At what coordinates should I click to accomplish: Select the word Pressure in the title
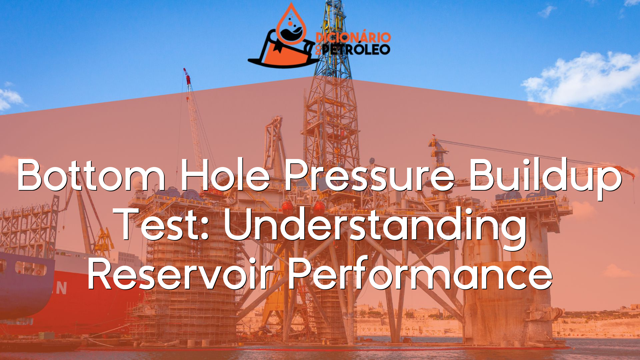pyautogui.click(x=369, y=175)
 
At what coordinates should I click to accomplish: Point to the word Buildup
pyautogui.click(x=546, y=178)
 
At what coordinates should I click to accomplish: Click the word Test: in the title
pyautogui.click(x=163, y=224)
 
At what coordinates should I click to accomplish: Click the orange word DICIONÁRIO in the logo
pyautogui.click(x=353, y=37)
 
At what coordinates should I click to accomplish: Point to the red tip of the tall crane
pyautogui.click(x=187, y=75)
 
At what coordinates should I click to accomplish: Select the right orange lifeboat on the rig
pyautogui.click(x=319, y=207)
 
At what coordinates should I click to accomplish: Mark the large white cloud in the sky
pyautogui.click(x=583, y=78)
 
